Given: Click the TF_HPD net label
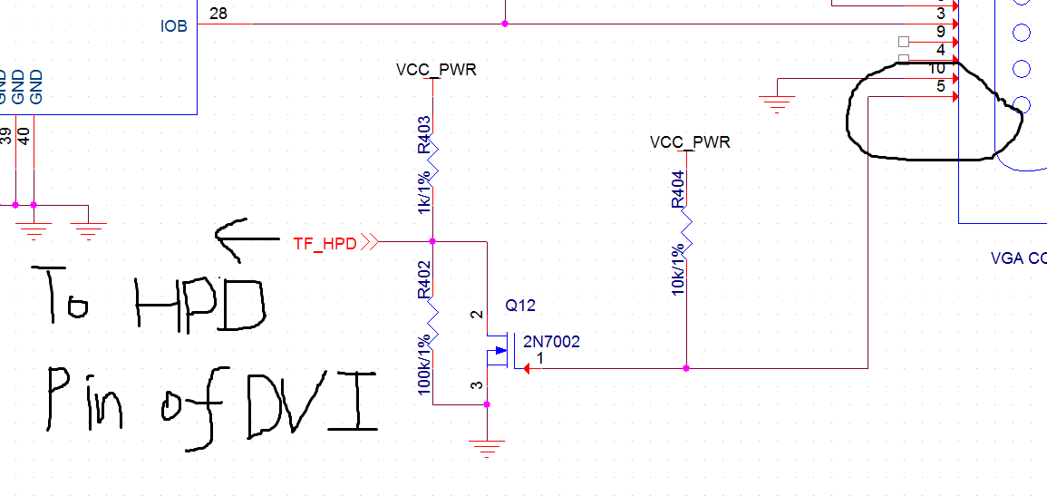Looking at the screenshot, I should (324, 243).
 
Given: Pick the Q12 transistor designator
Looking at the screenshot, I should (521, 306).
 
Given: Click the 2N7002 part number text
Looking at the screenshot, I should (551, 342).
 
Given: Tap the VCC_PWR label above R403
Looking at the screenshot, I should (436, 70).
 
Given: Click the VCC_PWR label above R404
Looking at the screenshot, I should (690, 142).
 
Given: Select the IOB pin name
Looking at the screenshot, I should (174, 26).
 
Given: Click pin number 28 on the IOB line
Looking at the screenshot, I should (218, 14).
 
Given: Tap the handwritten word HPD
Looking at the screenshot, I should (199, 305).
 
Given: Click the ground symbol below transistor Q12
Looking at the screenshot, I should (487, 447).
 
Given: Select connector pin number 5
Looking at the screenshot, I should (941, 87).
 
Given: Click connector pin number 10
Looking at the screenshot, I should (937, 69).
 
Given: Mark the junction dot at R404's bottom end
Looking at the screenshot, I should (686, 368).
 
